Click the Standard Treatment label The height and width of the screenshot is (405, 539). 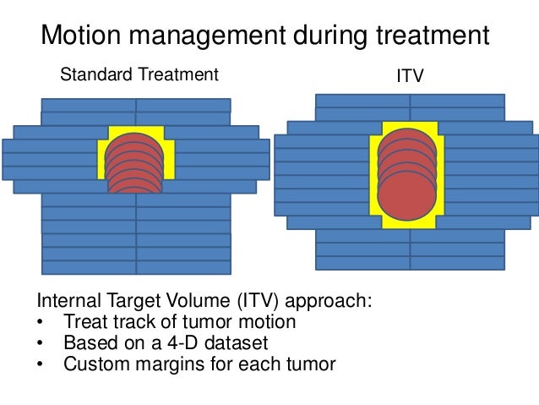pos(139,76)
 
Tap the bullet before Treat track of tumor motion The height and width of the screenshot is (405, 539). pos(41,324)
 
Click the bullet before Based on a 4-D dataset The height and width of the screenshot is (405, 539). pos(41,345)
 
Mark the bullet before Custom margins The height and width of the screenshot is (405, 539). pos(41,365)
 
